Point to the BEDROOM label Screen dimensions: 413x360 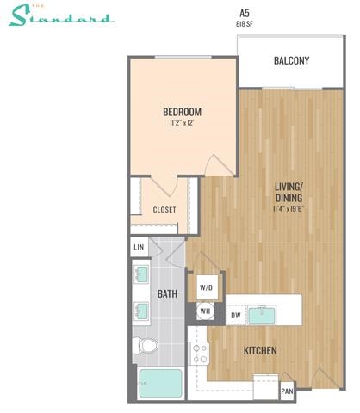pyautogui.click(x=182, y=112)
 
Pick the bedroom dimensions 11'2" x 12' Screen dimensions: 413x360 pyautogui.click(x=182, y=124)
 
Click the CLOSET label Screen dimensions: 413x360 pyautogui.click(x=164, y=209)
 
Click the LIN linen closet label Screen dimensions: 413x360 pyautogui.click(x=139, y=248)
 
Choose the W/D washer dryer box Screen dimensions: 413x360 pyautogui.click(x=207, y=287)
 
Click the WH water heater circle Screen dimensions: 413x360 pyautogui.click(x=206, y=311)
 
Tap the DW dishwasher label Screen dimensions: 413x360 pyautogui.click(x=235, y=316)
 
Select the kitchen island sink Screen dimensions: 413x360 pyautogui.click(x=263, y=315)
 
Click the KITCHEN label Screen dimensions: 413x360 pyautogui.click(x=259, y=351)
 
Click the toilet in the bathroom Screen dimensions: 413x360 pyautogui.click(x=147, y=347)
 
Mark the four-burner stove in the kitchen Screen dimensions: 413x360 pyautogui.click(x=200, y=353)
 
